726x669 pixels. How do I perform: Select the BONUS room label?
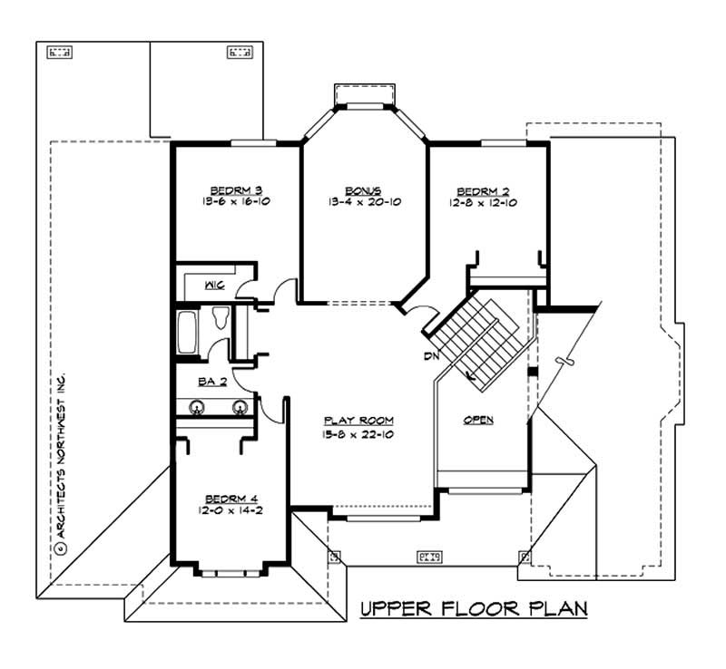[x=364, y=190]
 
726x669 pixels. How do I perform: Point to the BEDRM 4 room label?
[x=231, y=499]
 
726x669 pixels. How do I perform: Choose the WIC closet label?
[x=214, y=286]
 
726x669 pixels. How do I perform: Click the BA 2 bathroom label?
[x=211, y=383]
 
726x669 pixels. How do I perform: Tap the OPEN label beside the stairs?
[x=478, y=421]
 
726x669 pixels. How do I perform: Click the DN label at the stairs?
[x=430, y=355]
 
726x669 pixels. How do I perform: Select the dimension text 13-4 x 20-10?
[x=364, y=202]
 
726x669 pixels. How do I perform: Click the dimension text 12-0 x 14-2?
[x=231, y=510]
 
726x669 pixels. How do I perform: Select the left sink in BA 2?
[x=195, y=407]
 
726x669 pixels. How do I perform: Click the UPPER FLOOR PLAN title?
[x=474, y=607]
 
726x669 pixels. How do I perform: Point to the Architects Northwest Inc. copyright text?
[x=62, y=461]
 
